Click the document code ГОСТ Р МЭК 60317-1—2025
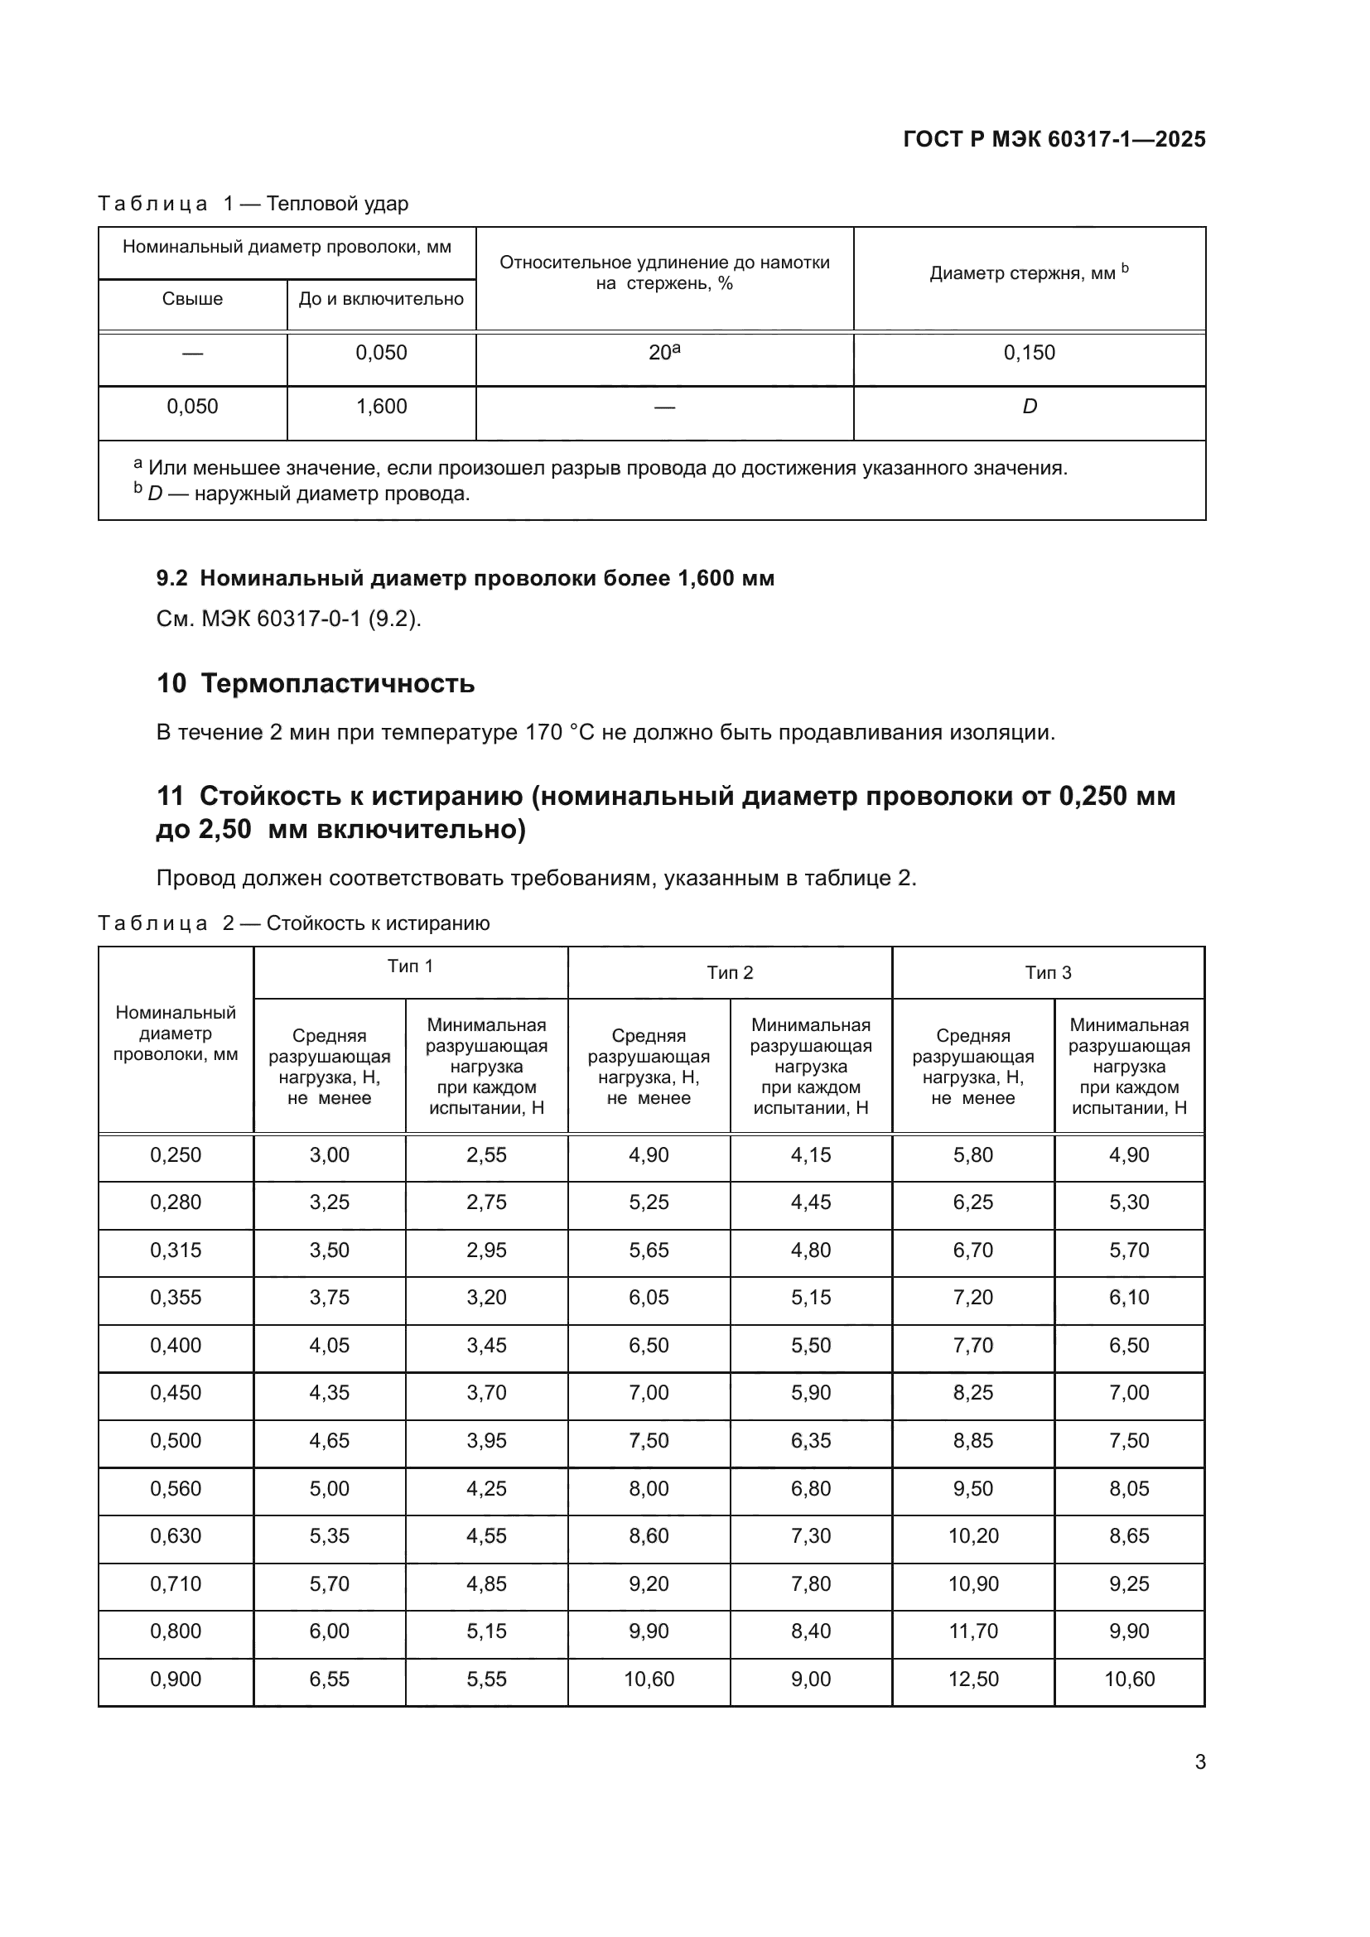(x=1054, y=139)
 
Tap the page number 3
(x=1199, y=1762)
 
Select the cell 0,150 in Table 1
(x=1029, y=353)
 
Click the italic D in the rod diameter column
(x=1030, y=407)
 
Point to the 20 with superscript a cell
(x=664, y=353)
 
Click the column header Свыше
(x=192, y=299)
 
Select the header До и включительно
(x=380, y=299)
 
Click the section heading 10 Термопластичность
(x=316, y=683)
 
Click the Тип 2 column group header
(x=730, y=973)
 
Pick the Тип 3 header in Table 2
(x=1048, y=973)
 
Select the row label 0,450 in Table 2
(x=176, y=1393)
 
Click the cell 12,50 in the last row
(x=972, y=1679)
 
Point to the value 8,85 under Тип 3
(x=972, y=1440)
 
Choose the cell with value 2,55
(x=486, y=1155)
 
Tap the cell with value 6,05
(x=648, y=1298)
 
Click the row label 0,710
(x=176, y=1583)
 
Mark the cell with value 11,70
(x=972, y=1631)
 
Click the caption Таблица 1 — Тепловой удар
(x=253, y=205)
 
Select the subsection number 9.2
(x=171, y=579)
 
